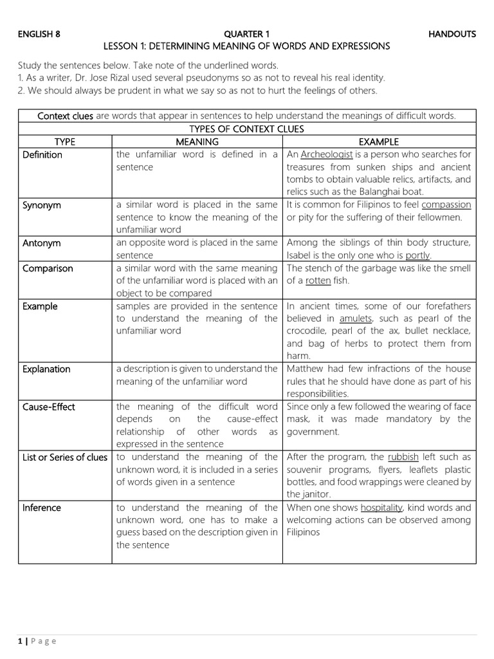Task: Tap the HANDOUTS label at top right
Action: (452, 34)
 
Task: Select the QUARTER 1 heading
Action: (246, 34)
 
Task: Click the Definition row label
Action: (42, 154)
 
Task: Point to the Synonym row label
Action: (42, 205)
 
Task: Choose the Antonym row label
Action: (41, 243)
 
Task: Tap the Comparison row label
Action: (48, 268)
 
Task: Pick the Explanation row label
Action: (46, 369)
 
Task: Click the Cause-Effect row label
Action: (49, 406)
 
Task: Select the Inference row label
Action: (42, 507)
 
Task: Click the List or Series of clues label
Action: (64, 456)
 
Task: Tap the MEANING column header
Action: (197, 142)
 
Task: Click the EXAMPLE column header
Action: (379, 142)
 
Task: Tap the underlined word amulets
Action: (356, 319)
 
